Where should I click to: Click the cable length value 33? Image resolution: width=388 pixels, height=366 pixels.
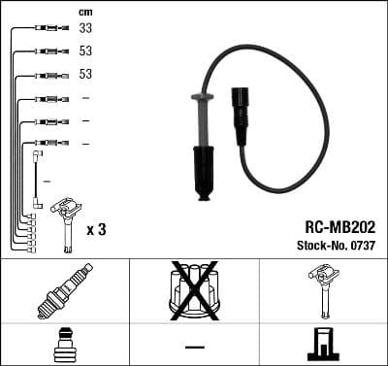pyautogui.click(x=85, y=28)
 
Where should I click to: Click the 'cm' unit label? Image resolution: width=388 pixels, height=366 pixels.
pyautogui.click(x=85, y=11)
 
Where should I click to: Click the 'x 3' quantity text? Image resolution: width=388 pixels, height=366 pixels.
pyautogui.click(x=96, y=229)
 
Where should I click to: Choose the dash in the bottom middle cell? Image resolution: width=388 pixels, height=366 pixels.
pyautogui.click(x=194, y=346)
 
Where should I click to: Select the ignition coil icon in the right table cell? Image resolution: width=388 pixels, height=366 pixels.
pyautogui.click(x=322, y=290)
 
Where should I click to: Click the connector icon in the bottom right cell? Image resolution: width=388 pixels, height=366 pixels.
pyautogui.click(x=322, y=345)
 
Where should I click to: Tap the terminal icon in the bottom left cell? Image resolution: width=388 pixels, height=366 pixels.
pyautogui.click(x=64, y=345)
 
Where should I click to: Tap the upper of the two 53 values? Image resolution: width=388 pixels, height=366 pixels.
pyautogui.click(x=85, y=51)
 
